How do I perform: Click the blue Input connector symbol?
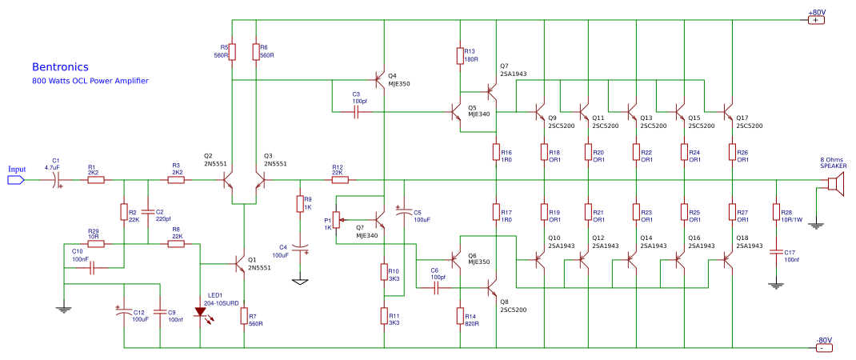tap(15, 180)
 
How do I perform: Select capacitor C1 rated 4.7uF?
tap(58, 181)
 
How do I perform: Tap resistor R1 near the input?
tap(95, 181)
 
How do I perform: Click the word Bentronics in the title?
tap(60, 67)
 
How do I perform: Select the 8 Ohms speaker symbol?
tap(832, 186)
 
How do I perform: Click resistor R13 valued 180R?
tap(460, 54)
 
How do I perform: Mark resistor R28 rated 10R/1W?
tap(775, 211)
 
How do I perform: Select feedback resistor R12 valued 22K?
tap(337, 181)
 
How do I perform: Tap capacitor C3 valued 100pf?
tap(356, 112)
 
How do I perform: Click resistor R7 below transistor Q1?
tap(244, 316)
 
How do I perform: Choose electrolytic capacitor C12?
tap(124, 313)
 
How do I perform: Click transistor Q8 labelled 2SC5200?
tap(493, 286)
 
